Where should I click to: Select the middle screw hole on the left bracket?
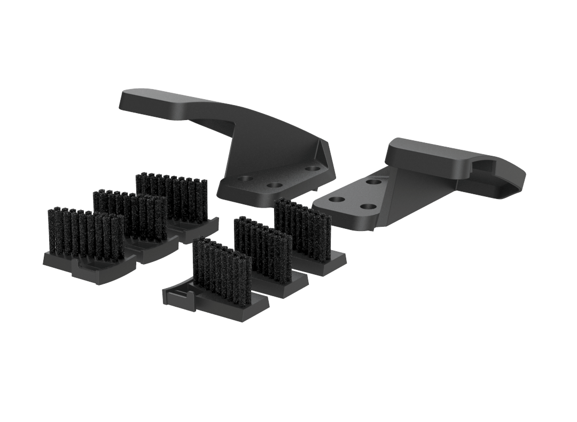click(275, 186)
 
